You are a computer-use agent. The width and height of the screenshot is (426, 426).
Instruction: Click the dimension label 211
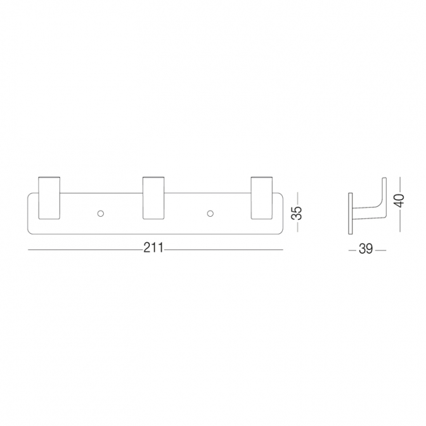pyautogui.click(x=153, y=248)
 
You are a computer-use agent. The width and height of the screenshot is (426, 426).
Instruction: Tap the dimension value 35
pyautogui.click(x=297, y=213)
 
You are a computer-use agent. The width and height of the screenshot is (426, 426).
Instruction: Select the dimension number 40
pyautogui.click(x=399, y=201)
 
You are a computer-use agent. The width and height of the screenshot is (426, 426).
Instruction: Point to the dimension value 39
pyautogui.click(x=366, y=248)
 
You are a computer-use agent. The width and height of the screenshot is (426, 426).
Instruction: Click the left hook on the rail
pyautogui.click(x=49, y=198)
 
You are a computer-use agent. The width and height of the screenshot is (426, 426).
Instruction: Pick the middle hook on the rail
pyautogui.click(x=153, y=198)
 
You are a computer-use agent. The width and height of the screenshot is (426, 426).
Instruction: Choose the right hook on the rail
pyautogui.click(x=261, y=198)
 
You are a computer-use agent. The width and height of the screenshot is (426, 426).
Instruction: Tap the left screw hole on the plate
pyautogui.click(x=101, y=214)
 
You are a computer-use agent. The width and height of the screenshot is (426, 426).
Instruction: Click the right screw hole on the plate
pyautogui.click(x=210, y=214)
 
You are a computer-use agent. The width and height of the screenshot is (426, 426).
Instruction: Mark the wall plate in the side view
pyautogui.click(x=351, y=213)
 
